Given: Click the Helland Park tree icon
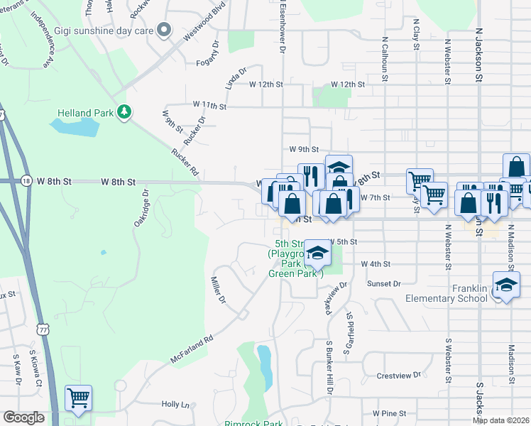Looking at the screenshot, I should [125, 112].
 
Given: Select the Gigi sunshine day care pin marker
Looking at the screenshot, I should [165, 30].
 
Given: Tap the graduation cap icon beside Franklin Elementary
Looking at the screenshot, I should [505, 285].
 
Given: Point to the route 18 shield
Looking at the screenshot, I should [26, 181].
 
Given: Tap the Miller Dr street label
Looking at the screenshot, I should [218, 290].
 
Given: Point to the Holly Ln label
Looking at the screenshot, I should [176, 405].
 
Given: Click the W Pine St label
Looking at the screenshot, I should [388, 413].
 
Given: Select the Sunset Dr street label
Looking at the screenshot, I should [385, 283].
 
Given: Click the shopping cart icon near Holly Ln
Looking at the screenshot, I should [78, 398].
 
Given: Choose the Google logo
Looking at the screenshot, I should [24, 417].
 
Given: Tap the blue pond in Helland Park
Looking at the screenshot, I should [75, 127].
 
